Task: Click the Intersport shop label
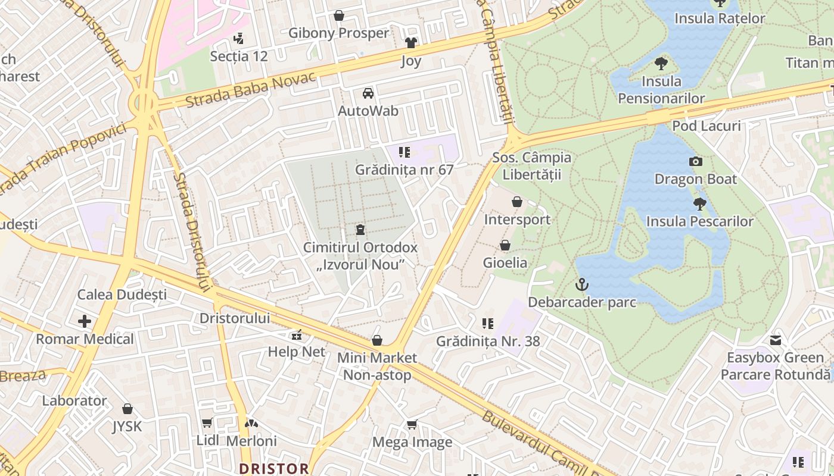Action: coord(517,220)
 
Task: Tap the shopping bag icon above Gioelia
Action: coord(505,245)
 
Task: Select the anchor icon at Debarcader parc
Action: coord(581,285)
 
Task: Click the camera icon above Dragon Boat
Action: coord(695,161)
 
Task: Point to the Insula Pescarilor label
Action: coord(700,221)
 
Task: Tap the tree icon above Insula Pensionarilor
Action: coord(661,63)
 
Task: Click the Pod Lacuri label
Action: coord(707,126)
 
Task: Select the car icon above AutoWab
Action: coord(368,93)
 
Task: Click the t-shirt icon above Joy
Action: coord(411,43)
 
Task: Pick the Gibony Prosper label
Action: coord(338,33)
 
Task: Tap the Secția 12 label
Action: coord(239,56)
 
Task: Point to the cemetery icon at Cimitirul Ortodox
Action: coord(360,230)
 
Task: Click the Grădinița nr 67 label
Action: coord(404,170)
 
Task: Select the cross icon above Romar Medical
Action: coord(85,322)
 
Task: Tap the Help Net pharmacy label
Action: coord(297,352)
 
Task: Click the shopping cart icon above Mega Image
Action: coord(412,424)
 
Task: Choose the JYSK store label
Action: coord(127,427)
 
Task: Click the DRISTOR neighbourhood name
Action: coord(274,468)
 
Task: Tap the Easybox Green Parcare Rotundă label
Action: coord(775,366)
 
